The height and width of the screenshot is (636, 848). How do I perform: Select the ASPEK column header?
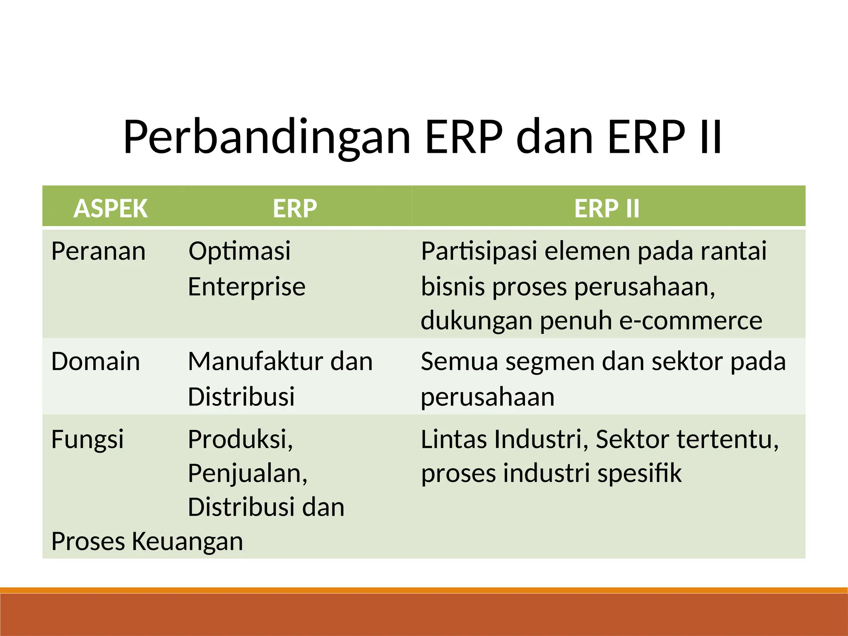coord(111,208)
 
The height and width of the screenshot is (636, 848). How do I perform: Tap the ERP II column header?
coord(607,208)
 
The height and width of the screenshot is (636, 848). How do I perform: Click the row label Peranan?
coord(99,251)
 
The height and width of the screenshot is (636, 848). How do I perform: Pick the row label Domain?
coord(96,361)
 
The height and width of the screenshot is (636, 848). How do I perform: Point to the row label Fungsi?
coord(87,439)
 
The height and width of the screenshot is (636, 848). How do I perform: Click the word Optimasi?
coord(239,251)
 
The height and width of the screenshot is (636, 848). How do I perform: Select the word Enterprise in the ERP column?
coord(247,287)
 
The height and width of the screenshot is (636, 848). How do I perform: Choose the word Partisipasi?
coord(479,251)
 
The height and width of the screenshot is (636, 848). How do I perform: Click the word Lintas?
coord(453,439)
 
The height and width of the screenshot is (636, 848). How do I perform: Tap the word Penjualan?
coord(248,473)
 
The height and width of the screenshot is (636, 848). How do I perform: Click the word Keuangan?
coord(187,542)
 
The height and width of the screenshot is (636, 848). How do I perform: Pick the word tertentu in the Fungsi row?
coord(728,439)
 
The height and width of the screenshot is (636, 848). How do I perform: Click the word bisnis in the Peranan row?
coord(452,287)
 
